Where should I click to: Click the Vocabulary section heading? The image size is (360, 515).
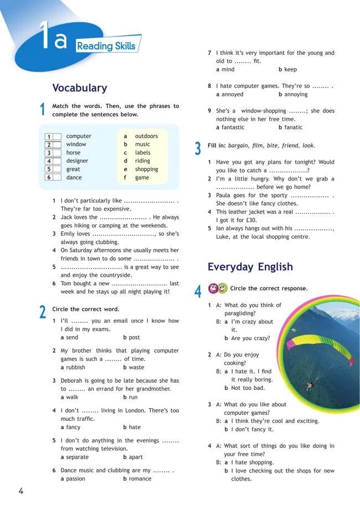pos(79,88)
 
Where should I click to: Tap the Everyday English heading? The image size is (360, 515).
pos(250,267)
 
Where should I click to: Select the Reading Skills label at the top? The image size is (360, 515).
pos(105,46)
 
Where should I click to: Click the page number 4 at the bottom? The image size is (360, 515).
pos(20,491)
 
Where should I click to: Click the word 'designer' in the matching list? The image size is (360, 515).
pos(77,161)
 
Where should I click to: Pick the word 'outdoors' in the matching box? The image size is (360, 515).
pos(146,136)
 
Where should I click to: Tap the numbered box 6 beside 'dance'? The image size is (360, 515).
pos(49,178)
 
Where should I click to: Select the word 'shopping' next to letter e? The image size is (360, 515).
pos(146,169)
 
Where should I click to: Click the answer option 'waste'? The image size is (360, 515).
pos(136,367)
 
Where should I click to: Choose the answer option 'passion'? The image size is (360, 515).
pos(75,478)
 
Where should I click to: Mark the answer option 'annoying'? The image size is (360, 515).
pos(296,95)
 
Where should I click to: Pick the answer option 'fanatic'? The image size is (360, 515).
pos(294,127)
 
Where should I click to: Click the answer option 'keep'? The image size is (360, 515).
pos(290,70)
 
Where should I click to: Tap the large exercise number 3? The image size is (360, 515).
pos(198,148)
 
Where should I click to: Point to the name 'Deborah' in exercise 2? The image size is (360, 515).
pos(73,381)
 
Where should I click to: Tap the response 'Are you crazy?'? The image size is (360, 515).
pos(250,338)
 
